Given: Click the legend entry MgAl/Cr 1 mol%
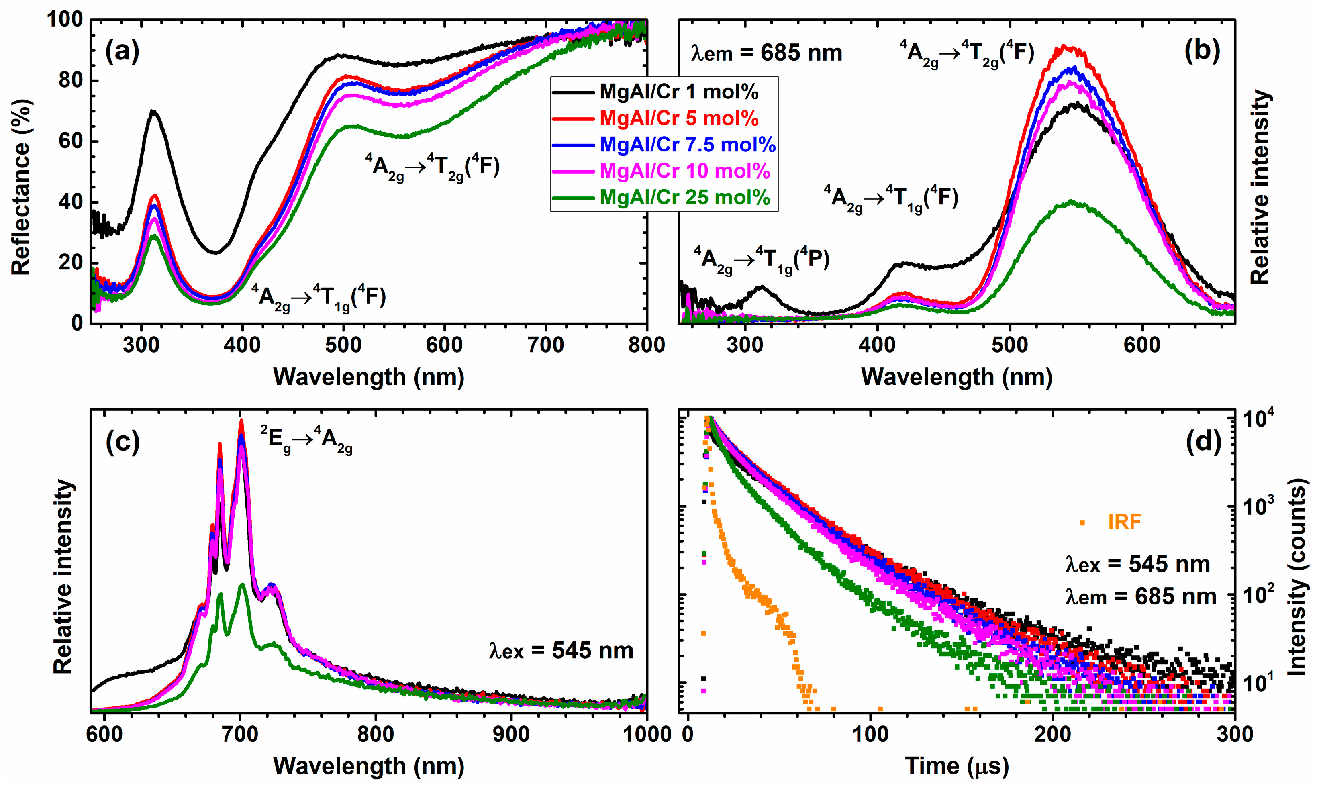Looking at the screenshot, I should [x=678, y=92].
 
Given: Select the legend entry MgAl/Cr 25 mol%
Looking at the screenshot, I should [x=684, y=198].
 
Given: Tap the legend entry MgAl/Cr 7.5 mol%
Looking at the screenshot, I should [x=687, y=145].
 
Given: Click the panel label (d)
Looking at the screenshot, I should [x=1203, y=442].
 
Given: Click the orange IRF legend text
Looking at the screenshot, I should [x=1124, y=521].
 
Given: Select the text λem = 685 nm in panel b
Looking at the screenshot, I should [x=766, y=53].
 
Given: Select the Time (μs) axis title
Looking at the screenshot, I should [x=957, y=766].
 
